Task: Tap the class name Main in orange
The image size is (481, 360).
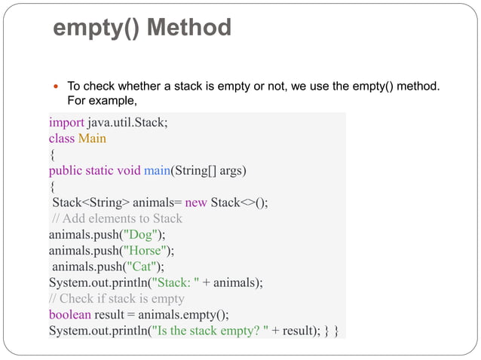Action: [x=91, y=139]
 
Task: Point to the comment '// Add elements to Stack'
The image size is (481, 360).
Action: [x=117, y=218]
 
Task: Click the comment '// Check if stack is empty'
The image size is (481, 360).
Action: [x=117, y=298]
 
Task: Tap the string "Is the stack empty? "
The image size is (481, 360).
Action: [x=216, y=331]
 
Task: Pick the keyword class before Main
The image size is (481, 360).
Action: [x=63, y=139]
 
